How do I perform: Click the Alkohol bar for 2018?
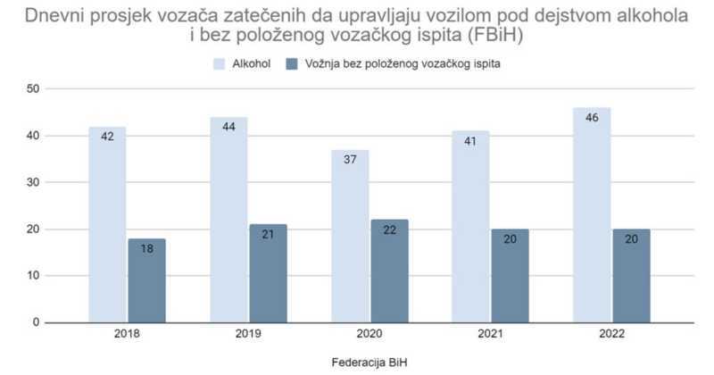(107, 224)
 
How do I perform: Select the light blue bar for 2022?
(592, 215)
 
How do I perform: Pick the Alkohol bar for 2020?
(350, 236)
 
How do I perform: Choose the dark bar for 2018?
(146, 280)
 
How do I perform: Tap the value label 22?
(389, 231)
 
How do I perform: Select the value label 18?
(146, 250)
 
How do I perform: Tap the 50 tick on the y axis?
(33, 89)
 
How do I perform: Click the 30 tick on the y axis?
(33, 182)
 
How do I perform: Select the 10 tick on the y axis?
(33, 275)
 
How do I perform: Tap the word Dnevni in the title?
(55, 15)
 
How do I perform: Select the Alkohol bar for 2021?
(471, 227)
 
